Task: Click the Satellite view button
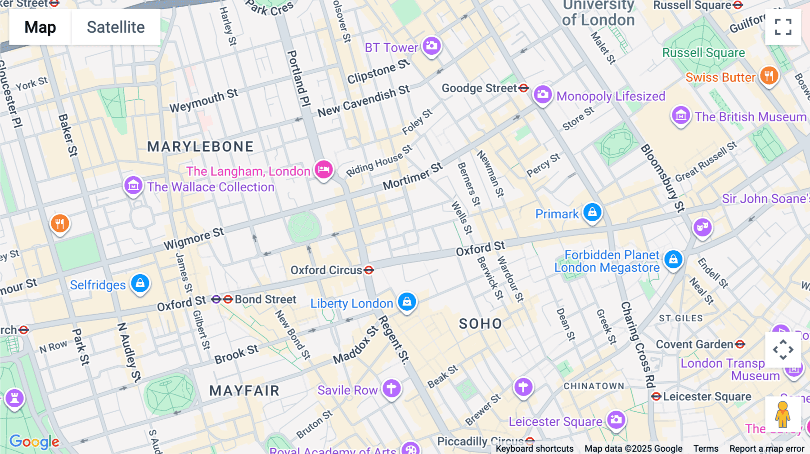click(116, 27)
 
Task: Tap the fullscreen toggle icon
click(783, 27)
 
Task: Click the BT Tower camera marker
click(432, 46)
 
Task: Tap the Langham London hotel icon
click(324, 170)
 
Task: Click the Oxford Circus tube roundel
click(369, 270)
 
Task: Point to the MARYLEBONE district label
click(200, 147)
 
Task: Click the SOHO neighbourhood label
click(480, 324)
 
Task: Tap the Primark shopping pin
click(592, 212)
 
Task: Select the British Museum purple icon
click(681, 116)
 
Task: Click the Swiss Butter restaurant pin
click(769, 76)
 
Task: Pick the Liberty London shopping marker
click(407, 302)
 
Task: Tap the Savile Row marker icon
click(391, 388)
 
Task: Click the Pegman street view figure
click(783, 414)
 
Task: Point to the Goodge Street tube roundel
click(523, 88)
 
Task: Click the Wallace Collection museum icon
click(133, 185)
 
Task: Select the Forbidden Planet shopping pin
click(673, 259)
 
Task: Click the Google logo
click(34, 441)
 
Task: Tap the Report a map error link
click(766, 449)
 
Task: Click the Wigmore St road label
click(193, 239)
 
